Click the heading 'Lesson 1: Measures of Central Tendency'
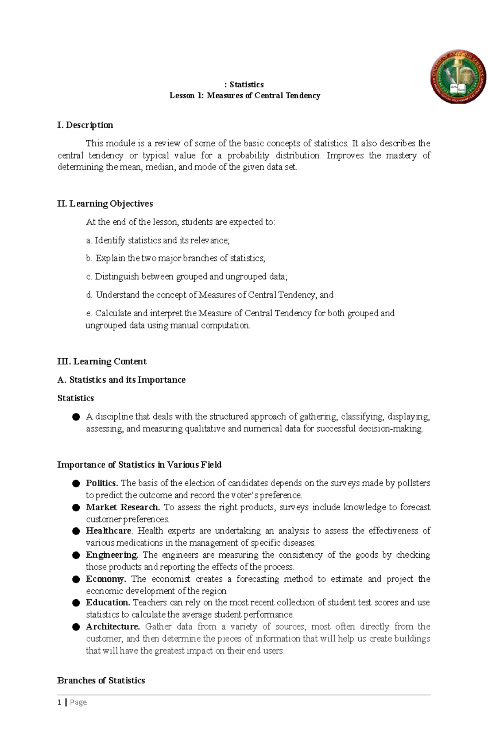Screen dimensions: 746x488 coord(245,96)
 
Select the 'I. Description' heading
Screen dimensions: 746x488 coord(85,125)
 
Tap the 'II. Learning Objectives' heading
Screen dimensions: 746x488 coord(105,203)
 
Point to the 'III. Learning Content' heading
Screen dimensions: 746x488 coord(102,361)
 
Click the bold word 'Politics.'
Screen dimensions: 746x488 coord(102,483)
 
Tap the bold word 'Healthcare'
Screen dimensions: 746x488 coord(109,531)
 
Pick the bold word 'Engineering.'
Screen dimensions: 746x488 coord(112,555)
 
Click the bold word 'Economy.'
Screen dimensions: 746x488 coord(106,579)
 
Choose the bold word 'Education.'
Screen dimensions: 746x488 coord(108,602)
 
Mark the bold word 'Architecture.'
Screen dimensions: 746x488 coord(113,626)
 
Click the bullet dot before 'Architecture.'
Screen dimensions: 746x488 coord(76,627)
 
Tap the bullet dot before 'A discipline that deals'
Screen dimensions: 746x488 coord(76,417)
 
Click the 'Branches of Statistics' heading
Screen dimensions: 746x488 coord(101,681)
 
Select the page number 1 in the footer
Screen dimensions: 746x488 coord(59,702)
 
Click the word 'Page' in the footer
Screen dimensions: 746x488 coord(78,702)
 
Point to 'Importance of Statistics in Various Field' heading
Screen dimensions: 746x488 coord(139,465)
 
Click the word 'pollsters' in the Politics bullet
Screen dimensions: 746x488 coord(413,483)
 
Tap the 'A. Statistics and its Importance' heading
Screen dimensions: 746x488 coord(121,380)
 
